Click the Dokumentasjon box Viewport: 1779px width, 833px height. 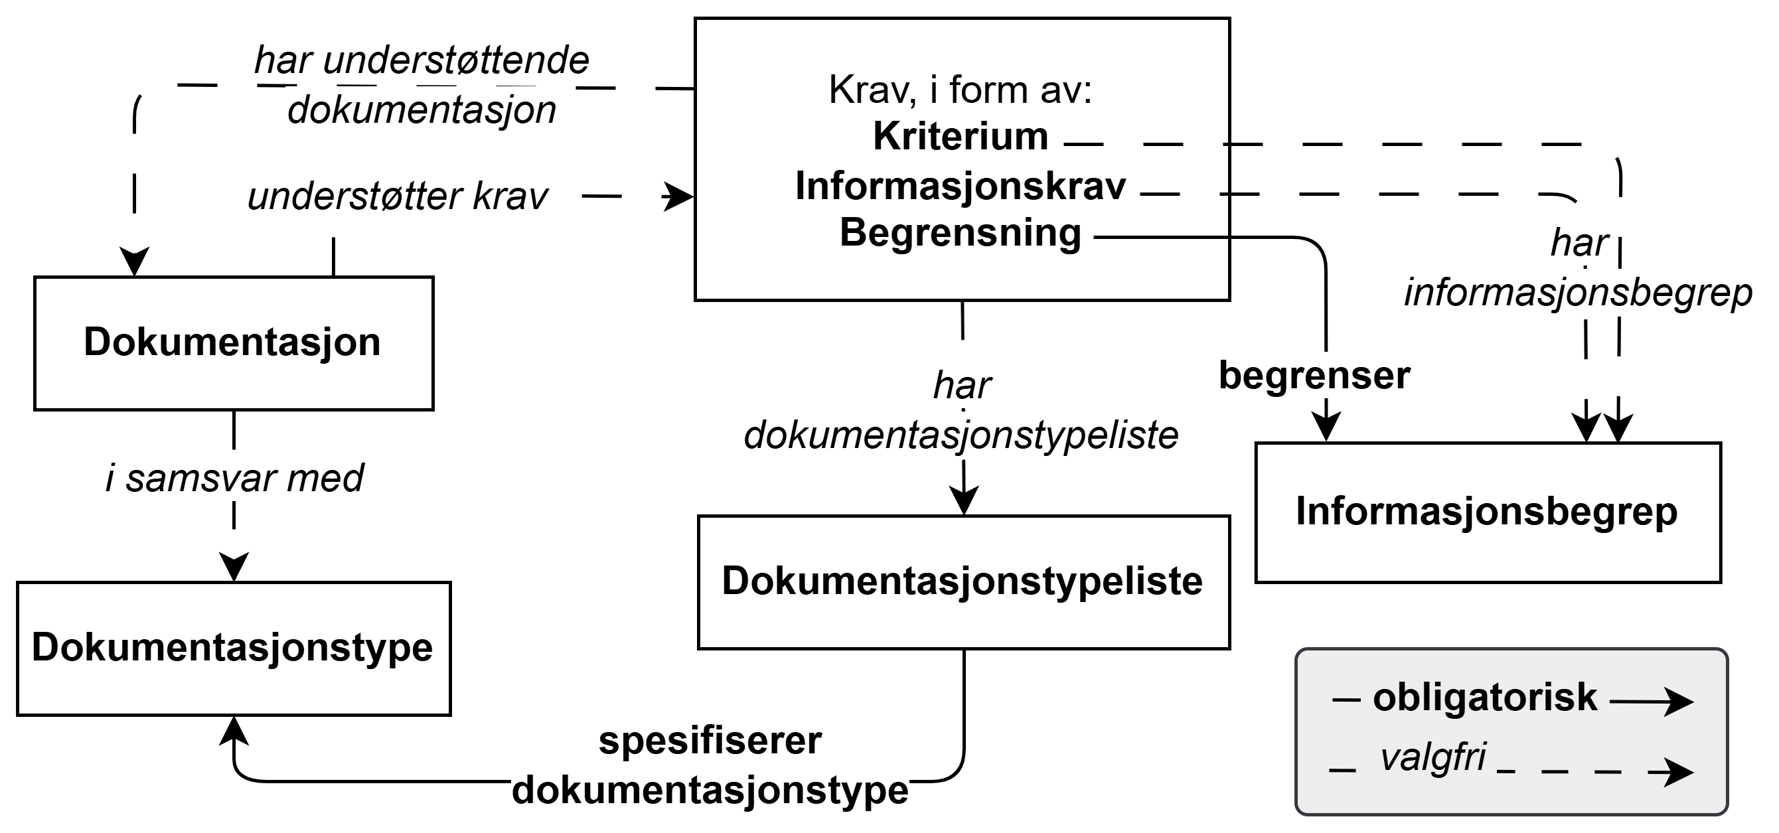[x=234, y=343]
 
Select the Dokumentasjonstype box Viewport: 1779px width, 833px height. [x=234, y=648]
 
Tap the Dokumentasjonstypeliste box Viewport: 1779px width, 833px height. [x=963, y=581]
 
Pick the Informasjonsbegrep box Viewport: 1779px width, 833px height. [x=1487, y=512]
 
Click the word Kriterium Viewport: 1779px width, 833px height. [x=961, y=136]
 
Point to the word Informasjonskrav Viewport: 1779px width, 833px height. [x=961, y=186]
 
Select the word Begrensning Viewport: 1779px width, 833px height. [x=961, y=233]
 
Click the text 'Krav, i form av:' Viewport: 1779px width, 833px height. [x=961, y=90]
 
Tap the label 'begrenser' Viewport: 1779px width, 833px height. [x=1314, y=376]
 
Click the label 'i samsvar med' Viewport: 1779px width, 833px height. [x=234, y=478]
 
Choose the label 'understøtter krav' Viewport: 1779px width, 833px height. [x=398, y=197]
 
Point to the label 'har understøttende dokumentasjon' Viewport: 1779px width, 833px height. [x=422, y=85]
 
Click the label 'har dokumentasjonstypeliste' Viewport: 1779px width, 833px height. [x=961, y=411]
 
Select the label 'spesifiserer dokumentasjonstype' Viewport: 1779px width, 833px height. [x=710, y=765]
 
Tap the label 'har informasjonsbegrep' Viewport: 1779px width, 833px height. [x=1579, y=268]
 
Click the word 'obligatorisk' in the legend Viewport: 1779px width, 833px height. [x=1485, y=698]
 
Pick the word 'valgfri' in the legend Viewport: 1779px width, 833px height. [x=1433, y=757]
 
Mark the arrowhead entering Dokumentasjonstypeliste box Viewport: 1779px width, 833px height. [x=963, y=500]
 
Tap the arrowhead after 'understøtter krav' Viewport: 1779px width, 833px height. [x=678, y=197]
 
